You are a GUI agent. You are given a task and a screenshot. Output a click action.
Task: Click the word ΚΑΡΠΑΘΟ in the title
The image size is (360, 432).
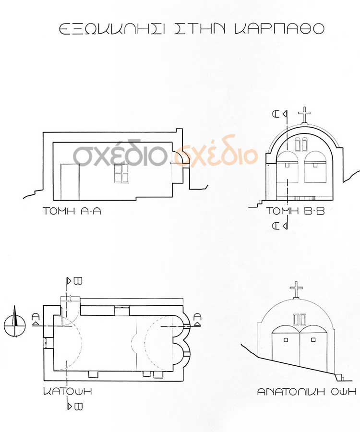pyautogui.click(x=279, y=29)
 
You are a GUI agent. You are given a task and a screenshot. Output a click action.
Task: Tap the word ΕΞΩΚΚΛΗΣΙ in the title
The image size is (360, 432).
pyautogui.click(x=112, y=29)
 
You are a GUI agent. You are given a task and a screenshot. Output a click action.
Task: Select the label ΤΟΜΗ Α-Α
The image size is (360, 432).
pyautogui.click(x=72, y=211)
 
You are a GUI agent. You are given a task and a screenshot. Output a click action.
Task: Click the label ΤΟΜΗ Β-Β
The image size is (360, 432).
pyautogui.click(x=295, y=211)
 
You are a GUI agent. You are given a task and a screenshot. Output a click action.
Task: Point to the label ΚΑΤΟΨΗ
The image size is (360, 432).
pyautogui.click(x=67, y=392)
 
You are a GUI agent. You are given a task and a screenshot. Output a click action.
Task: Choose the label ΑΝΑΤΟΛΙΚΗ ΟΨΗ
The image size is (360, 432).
pyautogui.click(x=307, y=392)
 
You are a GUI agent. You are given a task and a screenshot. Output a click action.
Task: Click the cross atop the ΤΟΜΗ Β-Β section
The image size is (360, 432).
pyautogui.click(x=304, y=115)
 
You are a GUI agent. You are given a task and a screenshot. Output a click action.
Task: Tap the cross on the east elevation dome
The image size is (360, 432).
pyautogui.click(x=296, y=289)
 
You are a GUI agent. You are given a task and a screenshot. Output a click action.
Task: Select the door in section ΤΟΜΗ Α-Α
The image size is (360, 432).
pyautogui.click(x=70, y=182)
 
